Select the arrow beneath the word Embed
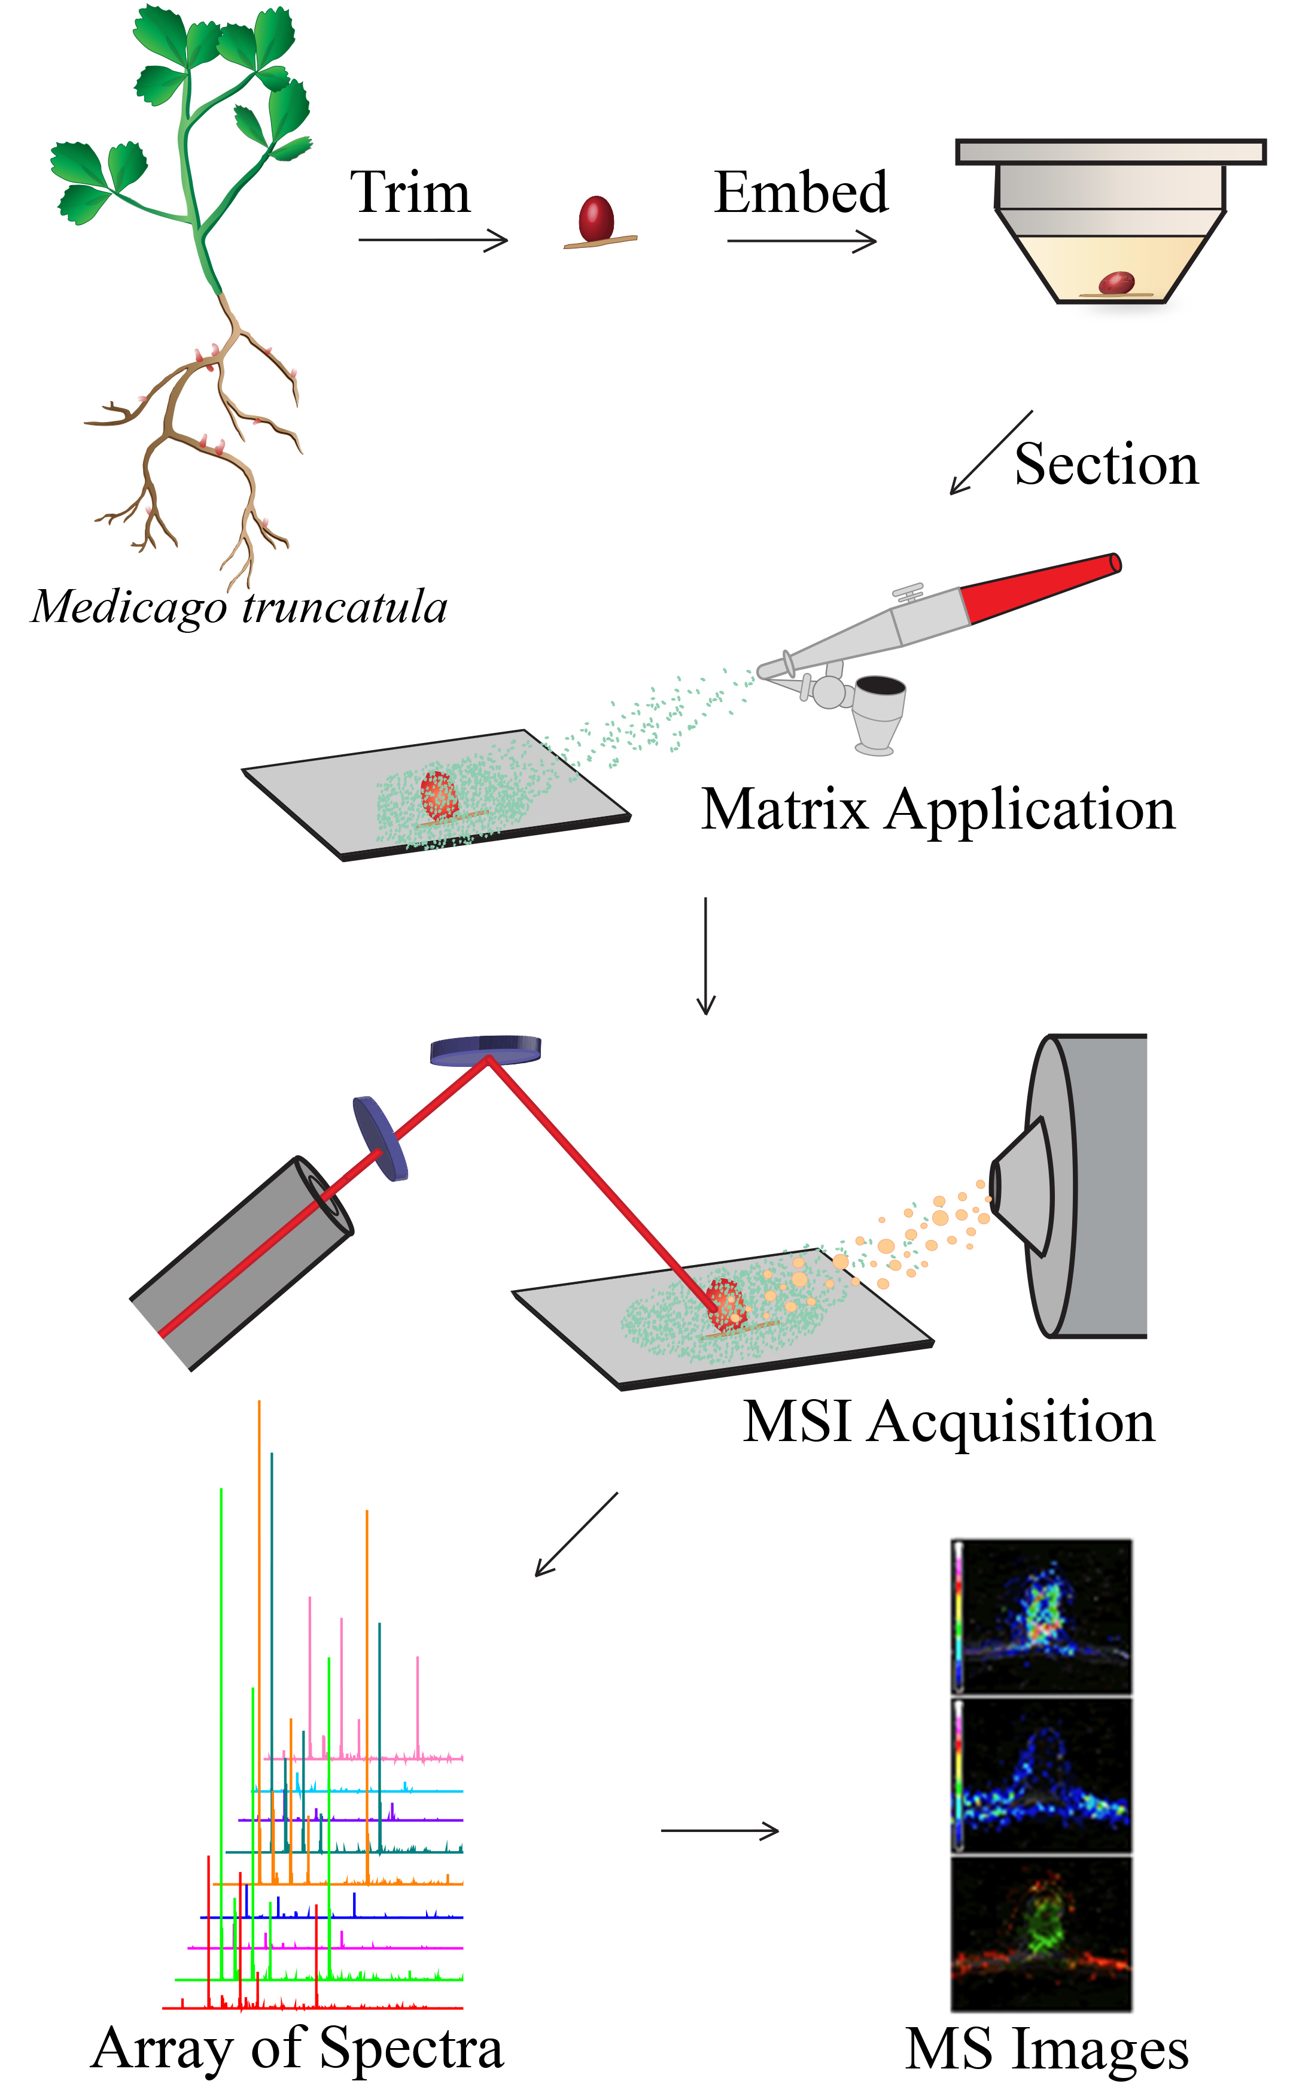[801, 242]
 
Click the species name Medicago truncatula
[239, 607]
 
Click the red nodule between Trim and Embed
[596, 220]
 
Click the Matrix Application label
[938, 809]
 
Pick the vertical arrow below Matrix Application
[705, 955]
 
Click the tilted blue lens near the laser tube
[380, 1138]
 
